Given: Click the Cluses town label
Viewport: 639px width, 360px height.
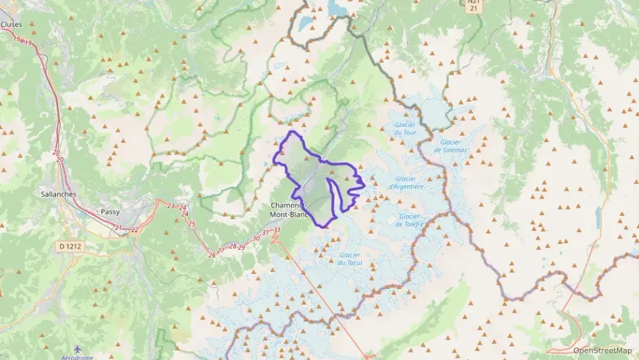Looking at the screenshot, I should pos(12,24).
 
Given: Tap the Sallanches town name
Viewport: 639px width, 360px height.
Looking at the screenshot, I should pos(59,193).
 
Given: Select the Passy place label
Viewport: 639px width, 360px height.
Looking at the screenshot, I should pos(110,212).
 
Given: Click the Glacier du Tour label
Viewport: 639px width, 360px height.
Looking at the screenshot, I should pos(405,128).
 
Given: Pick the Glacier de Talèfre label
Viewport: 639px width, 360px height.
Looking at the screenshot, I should pos(410,219).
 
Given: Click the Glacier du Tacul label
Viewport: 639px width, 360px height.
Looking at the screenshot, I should pos(350,259).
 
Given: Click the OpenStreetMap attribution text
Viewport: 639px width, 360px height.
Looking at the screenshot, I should pos(602,350).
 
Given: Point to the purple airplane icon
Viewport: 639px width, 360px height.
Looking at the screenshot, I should pos(77,348).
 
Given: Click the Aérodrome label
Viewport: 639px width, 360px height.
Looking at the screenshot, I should pos(77,357).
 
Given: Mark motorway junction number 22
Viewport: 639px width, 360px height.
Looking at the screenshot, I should pos(135,230).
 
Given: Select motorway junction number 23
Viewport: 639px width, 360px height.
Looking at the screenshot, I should pos(171,206).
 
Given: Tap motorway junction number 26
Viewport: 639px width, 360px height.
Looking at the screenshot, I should pos(212,255).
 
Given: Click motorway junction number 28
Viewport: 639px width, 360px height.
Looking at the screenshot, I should pos(233,246).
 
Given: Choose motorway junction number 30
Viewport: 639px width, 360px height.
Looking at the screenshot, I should pos(256,238).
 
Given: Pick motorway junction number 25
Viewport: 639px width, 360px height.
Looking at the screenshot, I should pos(192,223).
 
